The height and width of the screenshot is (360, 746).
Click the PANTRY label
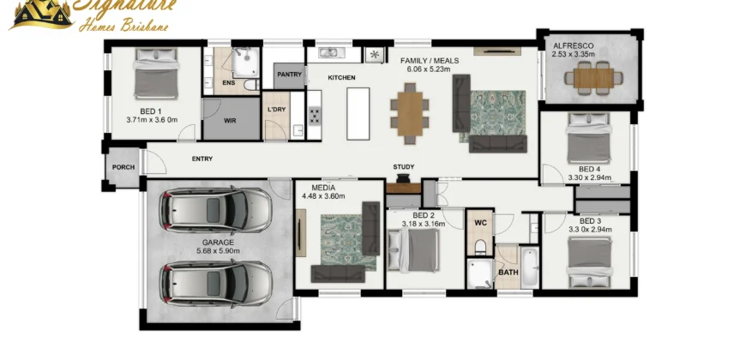(x=290, y=75)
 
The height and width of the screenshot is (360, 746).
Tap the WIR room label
(x=231, y=121)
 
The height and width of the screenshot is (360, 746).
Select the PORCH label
(x=123, y=167)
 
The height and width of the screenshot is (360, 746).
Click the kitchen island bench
(x=358, y=114)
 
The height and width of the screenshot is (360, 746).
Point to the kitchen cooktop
(x=315, y=116)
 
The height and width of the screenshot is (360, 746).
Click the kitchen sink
(x=328, y=53)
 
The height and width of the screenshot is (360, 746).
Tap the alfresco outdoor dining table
(x=593, y=78)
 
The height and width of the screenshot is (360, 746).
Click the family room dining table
(x=410, y=113)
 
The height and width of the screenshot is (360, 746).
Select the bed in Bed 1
(x=156, y=74)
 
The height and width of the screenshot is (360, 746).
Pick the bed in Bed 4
(x=588, y=138)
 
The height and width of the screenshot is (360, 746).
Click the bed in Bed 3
(x=588, y=262)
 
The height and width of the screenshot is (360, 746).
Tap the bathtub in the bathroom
(x=530, y=267)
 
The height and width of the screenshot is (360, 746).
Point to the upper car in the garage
(x=215, y=210)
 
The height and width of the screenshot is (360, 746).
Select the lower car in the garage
(x=215, y=284)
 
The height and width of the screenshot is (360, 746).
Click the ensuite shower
(x=246, y=63)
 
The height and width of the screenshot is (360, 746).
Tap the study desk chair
(x=404, y=178)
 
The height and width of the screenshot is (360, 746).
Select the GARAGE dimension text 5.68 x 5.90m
(x=218, y=250)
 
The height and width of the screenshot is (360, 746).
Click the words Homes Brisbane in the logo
(x=123, y=25)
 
